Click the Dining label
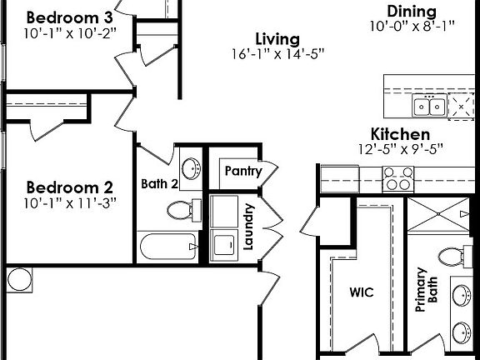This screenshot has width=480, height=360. click(412, 11)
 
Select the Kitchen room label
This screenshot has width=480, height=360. click(400, 134)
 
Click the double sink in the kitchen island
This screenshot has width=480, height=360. click(430, 107)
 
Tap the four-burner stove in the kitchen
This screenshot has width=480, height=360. click(398, 177)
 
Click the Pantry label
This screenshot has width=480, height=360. click(242, 172)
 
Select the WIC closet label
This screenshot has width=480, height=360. click(361, 292)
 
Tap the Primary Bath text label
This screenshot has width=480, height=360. click(426, 291)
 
